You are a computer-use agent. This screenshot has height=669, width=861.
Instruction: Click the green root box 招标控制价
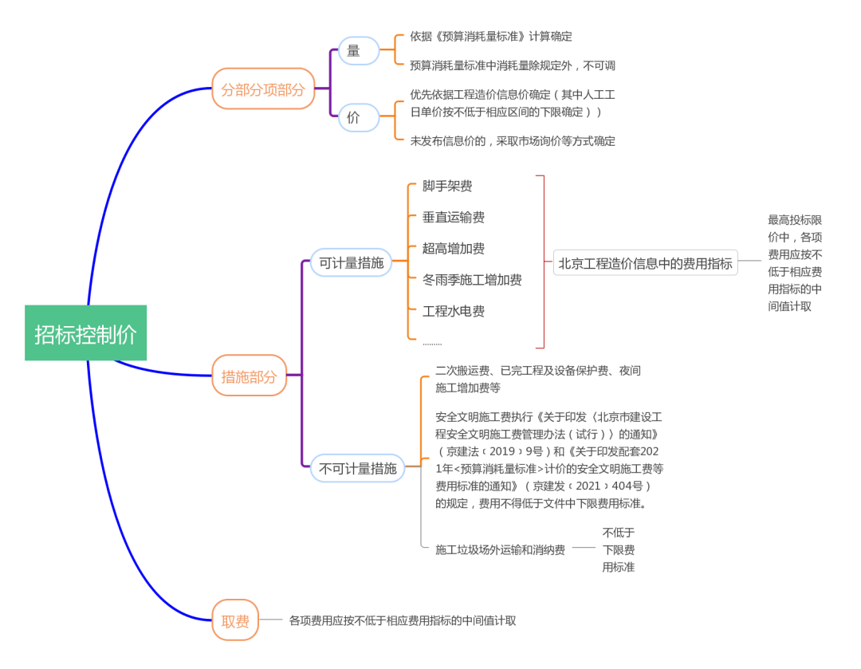pyautogui.click(x=85, y=333)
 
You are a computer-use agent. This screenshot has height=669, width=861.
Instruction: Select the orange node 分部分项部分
pyautogui.click(x=263, y=89)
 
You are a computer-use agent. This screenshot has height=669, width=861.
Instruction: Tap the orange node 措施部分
pyautogui.click(x=249, y=376)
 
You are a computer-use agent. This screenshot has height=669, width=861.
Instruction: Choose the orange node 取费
pyautogui.click(x=235, y=620)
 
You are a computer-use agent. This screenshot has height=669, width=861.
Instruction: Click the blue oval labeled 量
pyautogui.click(x=353, y=51)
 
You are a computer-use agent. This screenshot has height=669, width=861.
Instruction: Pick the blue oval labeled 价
pyautogui.click(x=353, y=117)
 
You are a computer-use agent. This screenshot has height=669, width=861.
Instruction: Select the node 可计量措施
pyautogui.click(x=351, y=262)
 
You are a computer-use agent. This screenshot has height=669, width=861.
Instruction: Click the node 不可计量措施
pyautogui.click(x=357, y=467)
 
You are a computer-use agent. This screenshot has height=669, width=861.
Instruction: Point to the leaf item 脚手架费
pyautogui.click(x=447, y=186)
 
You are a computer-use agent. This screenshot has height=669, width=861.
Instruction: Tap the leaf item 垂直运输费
pyautogui.click(x=454, y=217)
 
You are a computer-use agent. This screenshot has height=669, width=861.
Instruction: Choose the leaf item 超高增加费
pyautogui.click(x=454, y=248)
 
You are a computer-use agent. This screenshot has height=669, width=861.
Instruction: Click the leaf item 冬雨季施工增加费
pyautogui.click(x=472, y=279)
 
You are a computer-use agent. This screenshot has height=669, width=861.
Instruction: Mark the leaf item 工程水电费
pyautogui.click(x=454, y=311)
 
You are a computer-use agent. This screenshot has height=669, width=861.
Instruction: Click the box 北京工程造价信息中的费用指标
pyautogui.click(x=645, y=262)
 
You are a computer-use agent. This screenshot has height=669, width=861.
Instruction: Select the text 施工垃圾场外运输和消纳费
pyautogui.click(x=500, y=549)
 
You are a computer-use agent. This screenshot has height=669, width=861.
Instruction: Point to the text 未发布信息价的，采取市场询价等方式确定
pyautogui.click(x=513, y=140)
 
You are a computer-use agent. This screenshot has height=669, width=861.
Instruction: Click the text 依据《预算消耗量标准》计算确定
pyautogui.click(x=490, y=36)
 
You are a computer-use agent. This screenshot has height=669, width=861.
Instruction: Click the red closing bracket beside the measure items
pyautogui.click(x=542, y=262)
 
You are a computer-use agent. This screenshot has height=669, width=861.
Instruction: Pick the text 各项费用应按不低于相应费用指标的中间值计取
pyautogui.click(x=403, y=620)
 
